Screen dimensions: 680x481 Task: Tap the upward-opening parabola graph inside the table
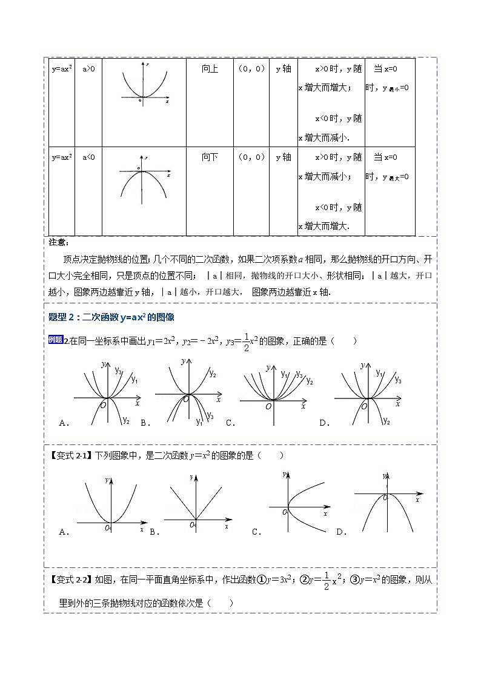pyautogui.click(x=144, y=85)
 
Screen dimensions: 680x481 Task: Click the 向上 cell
pyautogui.click(x=210, y=70)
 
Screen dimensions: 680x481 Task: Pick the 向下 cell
pyautogui.click(x=210, y=157)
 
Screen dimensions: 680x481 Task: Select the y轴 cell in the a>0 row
pyautogui.click(x=283, y=70)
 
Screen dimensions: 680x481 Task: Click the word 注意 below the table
pyautogui.click(x=58, y=242)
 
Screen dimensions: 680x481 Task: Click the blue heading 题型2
pyautogui.click(x=111, y=318)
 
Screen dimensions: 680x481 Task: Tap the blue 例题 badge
pyautogui.click(x=55, y=340)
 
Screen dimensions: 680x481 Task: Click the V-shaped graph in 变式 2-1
pyautogui.click(x=195, y=503)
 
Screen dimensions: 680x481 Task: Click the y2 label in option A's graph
pyautogui.click(x=125, y=419)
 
